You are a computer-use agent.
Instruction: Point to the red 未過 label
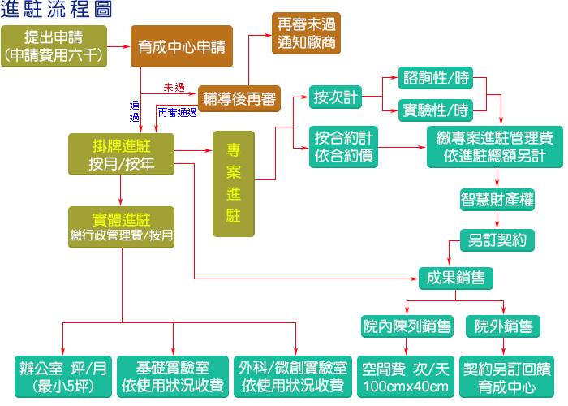pyautogui.click(x=174, y=86)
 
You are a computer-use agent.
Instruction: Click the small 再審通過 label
pyautogui.click(x=177, y=111)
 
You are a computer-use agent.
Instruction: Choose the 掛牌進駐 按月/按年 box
pyautogui.click(x=121, y=153)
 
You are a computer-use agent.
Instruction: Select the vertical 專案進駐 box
pyautogui.click(x=233, y=184)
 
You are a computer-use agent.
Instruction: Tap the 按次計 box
pyautogui.click(x=334, y=97)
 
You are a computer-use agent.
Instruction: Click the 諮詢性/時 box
pyautogui.click(x=437, y=80)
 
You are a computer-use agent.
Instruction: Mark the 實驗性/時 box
pyautogui.click(x=437, y=109)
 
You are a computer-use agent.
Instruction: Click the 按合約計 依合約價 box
pyautogui.click(x=344, y=146)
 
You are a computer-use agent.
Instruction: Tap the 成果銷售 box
pyautogui.click(x=455, y=277)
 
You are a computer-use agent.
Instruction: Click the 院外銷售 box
pyautogui.click(x=504, y=326)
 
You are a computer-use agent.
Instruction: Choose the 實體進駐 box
pyautogui.click(x=121, y=227)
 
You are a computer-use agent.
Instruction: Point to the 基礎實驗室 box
pyautogui.click(x=172, y=375)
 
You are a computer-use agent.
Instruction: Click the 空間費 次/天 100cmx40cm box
pyautogui.click(x=406, y=375)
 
